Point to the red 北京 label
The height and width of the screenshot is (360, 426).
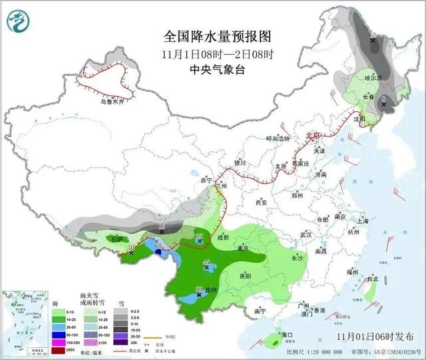[312, 135]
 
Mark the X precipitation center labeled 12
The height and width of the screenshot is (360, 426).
[373, 41]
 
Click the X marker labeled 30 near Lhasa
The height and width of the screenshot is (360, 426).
[131, 253]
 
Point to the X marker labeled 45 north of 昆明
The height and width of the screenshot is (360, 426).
[206, 267]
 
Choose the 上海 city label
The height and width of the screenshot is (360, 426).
[363, 221]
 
